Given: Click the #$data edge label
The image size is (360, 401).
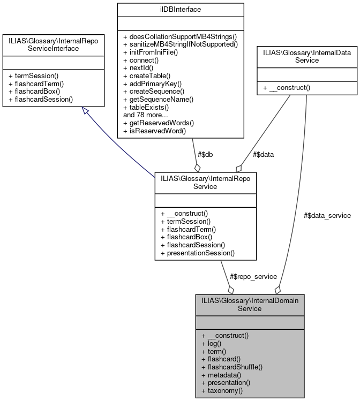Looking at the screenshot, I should tap(262, 154).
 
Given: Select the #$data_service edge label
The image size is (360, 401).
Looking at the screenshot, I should tap(327, 215).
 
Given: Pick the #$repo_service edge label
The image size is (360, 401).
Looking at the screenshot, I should tap(253, 276).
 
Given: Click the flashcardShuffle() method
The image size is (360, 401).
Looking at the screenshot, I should tap(231, 367).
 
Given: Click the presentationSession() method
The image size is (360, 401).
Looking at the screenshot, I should tap(197, 253).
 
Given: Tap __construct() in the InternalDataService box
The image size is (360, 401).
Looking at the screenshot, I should tap(287, 87).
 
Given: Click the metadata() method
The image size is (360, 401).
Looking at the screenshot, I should tap(221, 375).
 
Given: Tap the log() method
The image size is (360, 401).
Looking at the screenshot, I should tap(212, 344).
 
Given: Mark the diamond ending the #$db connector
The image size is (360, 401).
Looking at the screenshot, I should tap(197, 167).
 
